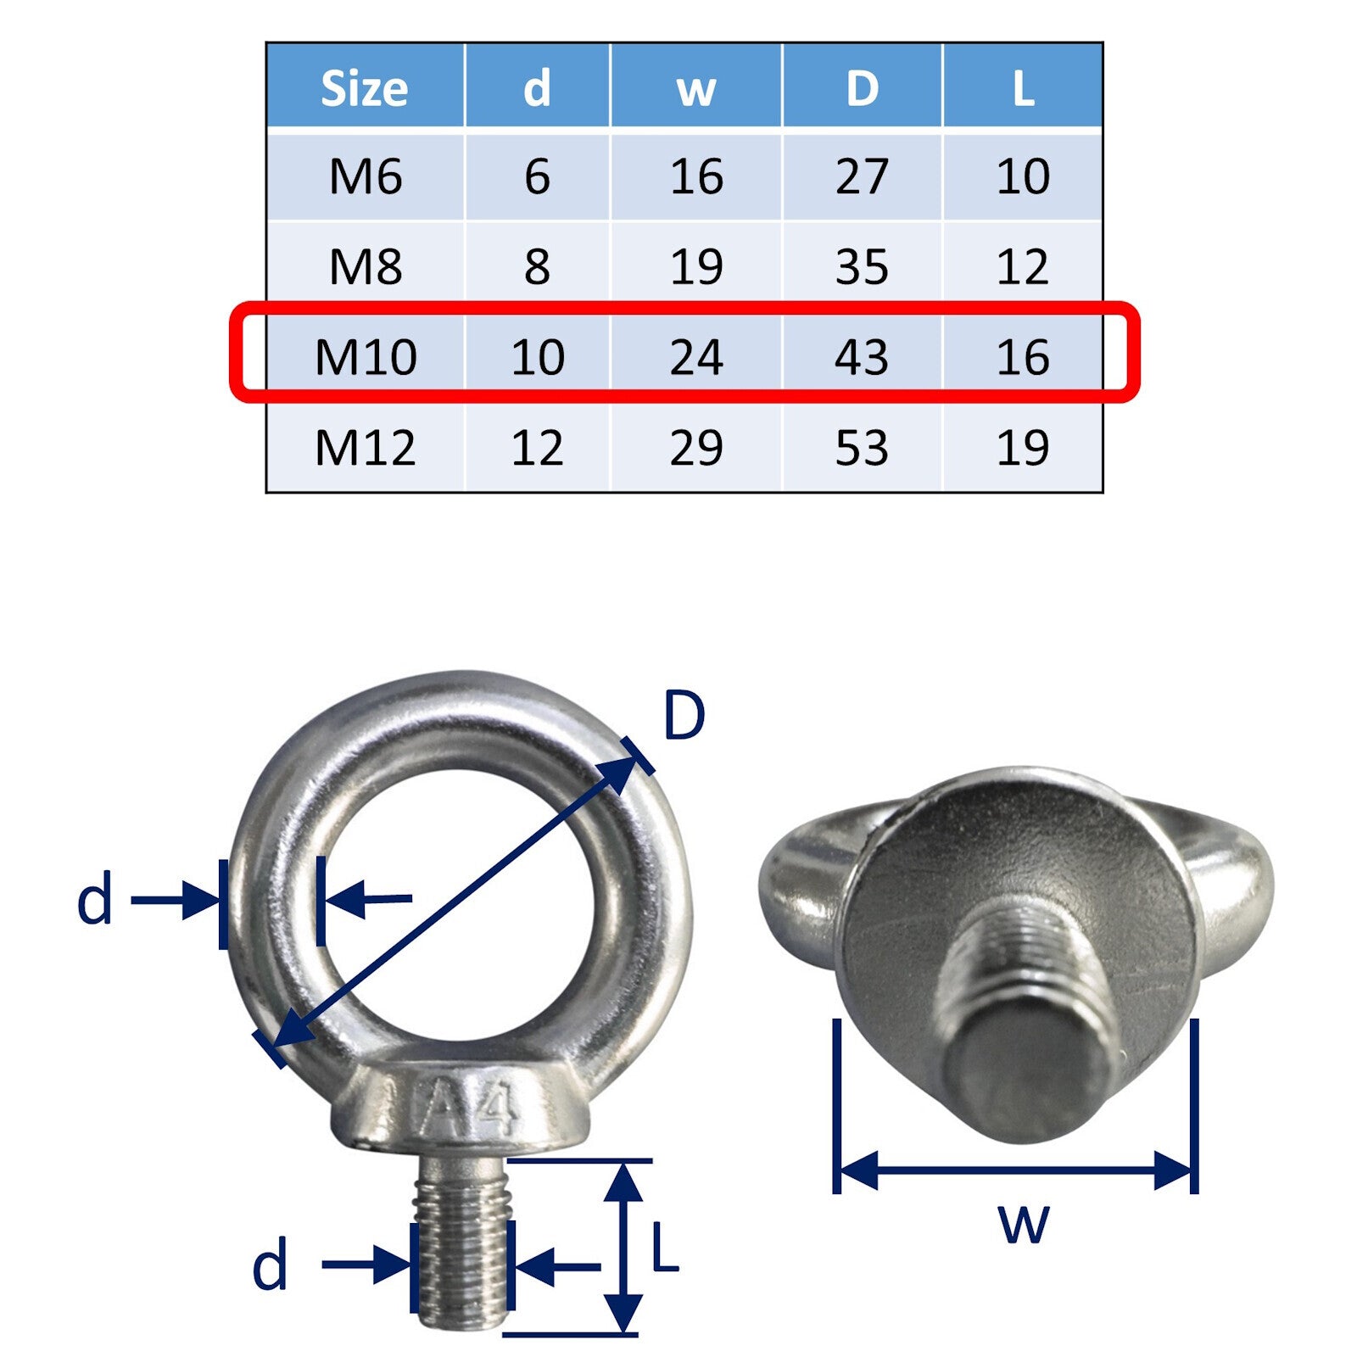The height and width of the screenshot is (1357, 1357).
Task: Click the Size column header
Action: pos(365,88)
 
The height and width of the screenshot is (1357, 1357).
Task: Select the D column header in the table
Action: pos(862,88)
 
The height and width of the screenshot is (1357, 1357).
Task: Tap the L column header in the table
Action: pos(1023,88)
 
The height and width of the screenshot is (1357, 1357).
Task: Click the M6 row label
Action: pos(366,176)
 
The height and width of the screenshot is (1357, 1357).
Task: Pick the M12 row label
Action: pos(366,448)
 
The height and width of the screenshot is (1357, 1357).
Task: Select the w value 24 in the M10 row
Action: pos(696,357)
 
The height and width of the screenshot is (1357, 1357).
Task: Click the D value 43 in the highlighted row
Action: pos(862,357)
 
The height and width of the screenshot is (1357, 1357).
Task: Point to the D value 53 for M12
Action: pos(862,448)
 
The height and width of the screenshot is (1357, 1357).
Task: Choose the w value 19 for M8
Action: pos(696,267)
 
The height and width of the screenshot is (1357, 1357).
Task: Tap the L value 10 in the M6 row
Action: pos(1023,176)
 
